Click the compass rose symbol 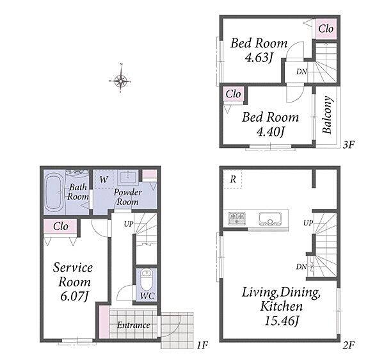tap(120, 80)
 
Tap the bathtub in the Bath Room tap(54, 192)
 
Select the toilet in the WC tap(147, 280)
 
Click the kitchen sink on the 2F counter tap(270, 218)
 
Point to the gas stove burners tap(236, 218)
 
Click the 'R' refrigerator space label tap(233, 179)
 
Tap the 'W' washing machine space tap(103, 179)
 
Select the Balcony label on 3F tap(327, 115)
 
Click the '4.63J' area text tap(259, 58)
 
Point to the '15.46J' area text tap(282, 321)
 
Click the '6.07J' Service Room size tap(74, 297)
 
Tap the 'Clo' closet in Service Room tap(61, 226)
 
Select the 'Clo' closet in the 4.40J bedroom tap(233, 94)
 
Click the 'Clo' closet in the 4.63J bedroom tap(326, 29)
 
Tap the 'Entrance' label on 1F tap(134, 325)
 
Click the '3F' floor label tap(349, 145)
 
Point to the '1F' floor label tap(202, 345)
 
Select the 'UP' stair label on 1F tap(129, 224)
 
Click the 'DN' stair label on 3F tap(301, 72)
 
